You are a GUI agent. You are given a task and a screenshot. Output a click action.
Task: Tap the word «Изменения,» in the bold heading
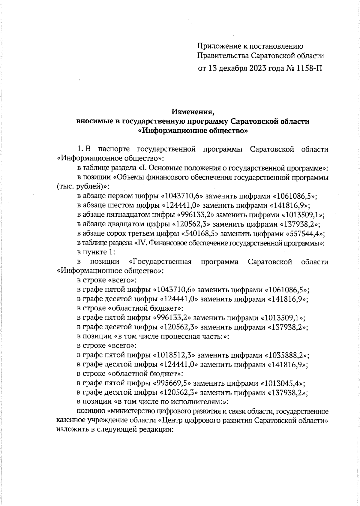coord(193,112)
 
